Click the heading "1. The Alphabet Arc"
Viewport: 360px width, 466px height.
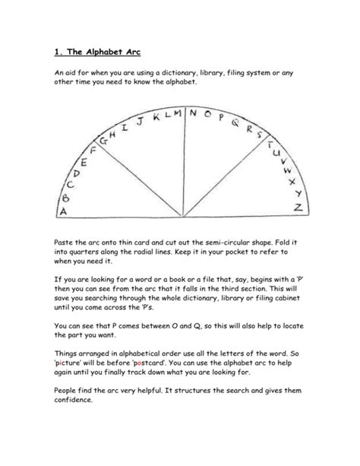98,52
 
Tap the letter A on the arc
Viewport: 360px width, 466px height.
64,210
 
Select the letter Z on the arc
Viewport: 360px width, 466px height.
299,207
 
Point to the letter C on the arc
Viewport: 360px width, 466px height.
71,184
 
